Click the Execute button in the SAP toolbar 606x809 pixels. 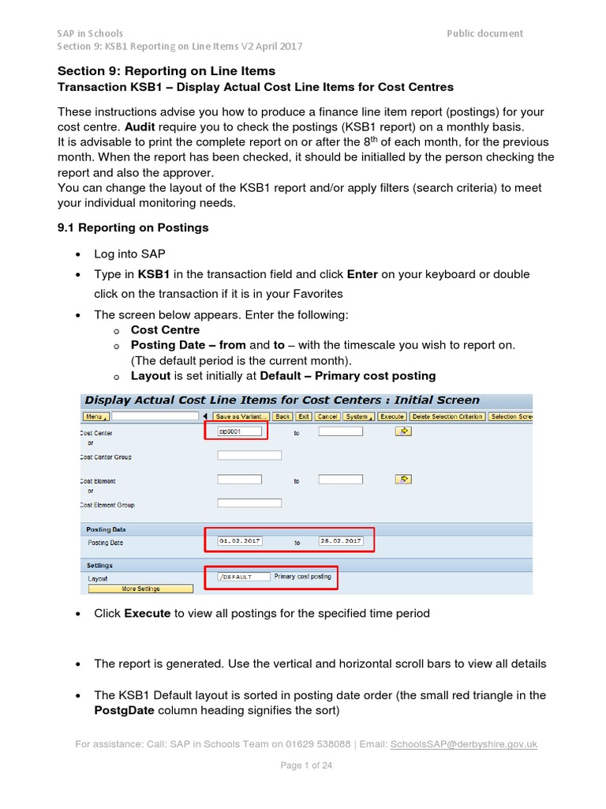click(391, 416)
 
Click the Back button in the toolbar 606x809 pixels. click(282, 416)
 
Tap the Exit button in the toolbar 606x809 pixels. click(304, 416)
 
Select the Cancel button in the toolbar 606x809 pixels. click(327, 416)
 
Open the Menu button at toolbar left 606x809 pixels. click(95, 416)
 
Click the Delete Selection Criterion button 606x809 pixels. click(447, 416)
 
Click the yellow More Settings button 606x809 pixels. click(140, 589)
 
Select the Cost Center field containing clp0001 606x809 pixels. click(239, 431)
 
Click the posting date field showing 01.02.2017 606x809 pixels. click(239, 541)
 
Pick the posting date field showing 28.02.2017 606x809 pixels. click(340, 541)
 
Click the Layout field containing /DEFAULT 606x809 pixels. click(243, 577)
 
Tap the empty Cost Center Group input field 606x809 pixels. click(249, 456)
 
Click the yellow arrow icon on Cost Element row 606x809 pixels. click(404, 479)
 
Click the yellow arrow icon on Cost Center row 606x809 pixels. click(404, 431)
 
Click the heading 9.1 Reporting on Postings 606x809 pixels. click(133, 228)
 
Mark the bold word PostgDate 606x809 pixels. click(128, 710)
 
